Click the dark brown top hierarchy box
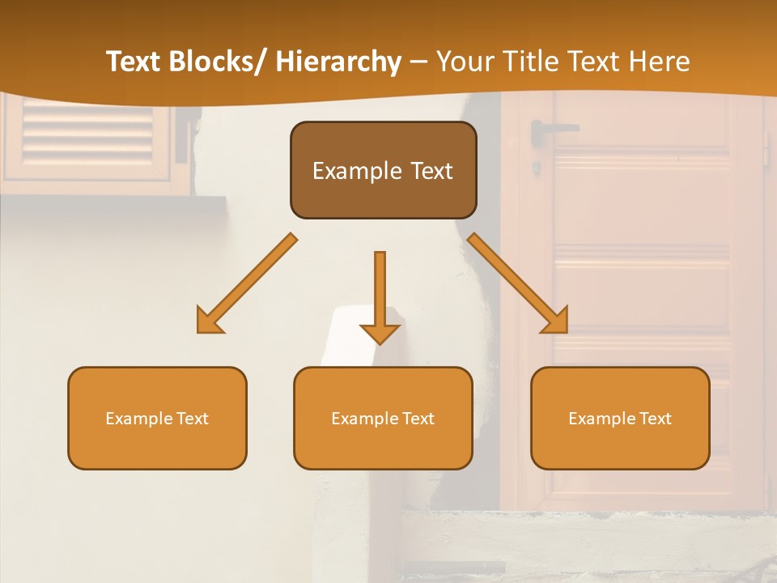(383, 170)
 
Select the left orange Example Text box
(157, 418)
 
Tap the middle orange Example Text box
(383, 418)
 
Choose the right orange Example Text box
(620, 418)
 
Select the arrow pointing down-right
(518, 283)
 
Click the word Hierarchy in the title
(338, 62)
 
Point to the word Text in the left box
(193, 419)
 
